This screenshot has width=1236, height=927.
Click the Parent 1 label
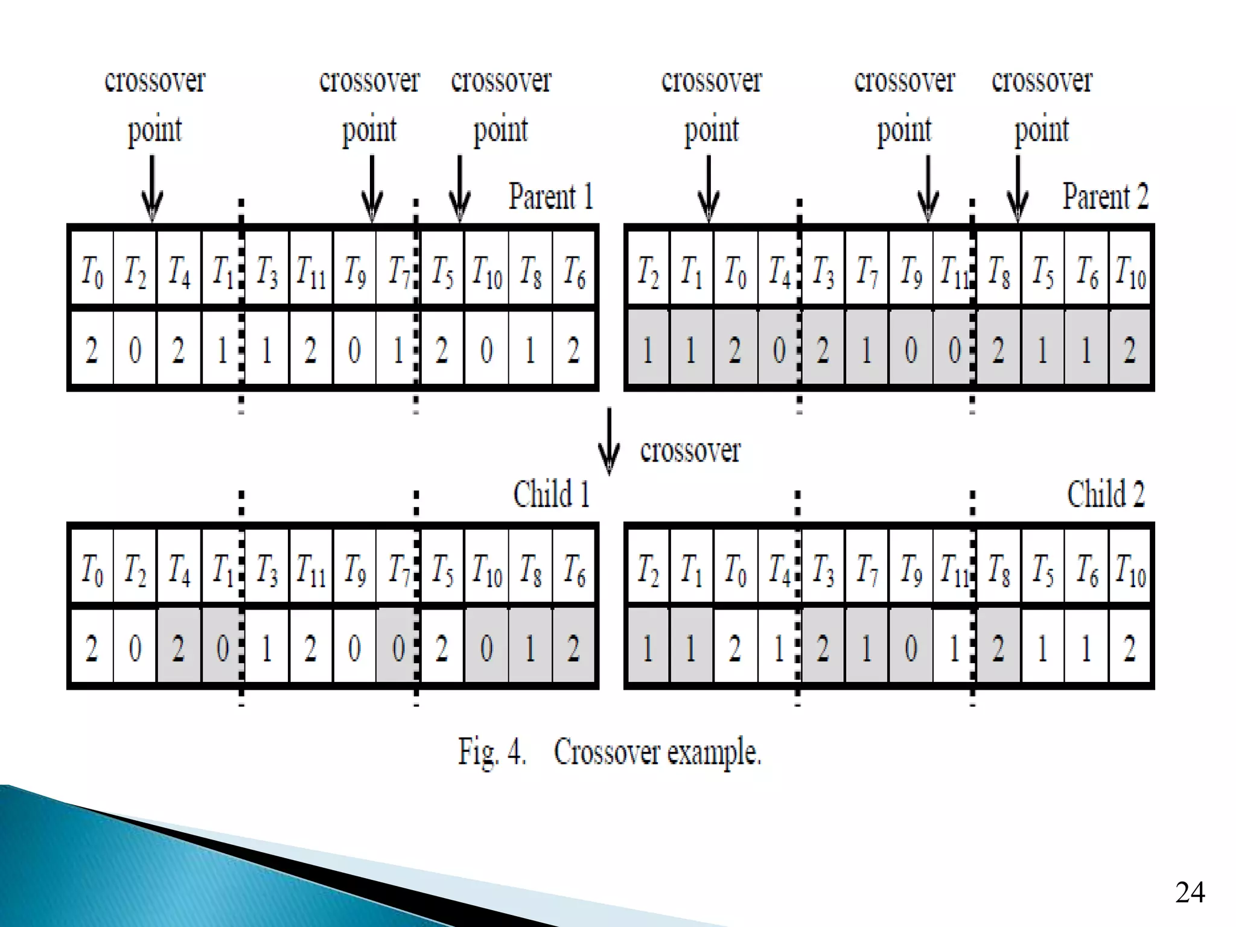click(x=551, y=197)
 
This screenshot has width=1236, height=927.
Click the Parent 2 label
click(x=1105, y=197)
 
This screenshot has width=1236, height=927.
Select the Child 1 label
click(x=551, y=494)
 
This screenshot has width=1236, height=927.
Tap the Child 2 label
click(x=1105, y=494)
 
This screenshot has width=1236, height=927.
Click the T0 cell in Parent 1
click(x=92, y=270)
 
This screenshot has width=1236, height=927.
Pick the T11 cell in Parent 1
click(x=311, y=270)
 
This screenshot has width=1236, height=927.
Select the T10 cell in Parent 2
click(x=1130, y=270)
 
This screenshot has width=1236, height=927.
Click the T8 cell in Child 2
click(x=998, y=568)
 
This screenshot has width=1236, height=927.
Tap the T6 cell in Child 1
click(x=574, y=568)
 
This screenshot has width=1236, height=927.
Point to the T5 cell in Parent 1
click(x=442, y=270)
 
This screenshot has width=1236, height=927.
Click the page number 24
click(x=1190, y=892)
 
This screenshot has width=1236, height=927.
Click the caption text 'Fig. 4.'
click(x=492, y=752)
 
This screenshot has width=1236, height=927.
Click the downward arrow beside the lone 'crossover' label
click(x=609, y=441)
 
